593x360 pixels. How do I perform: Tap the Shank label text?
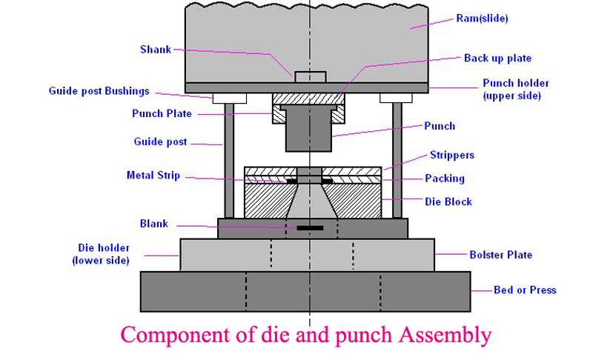coord(156,50)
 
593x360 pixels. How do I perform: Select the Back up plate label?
coord(497,58)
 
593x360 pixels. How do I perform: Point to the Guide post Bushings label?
coord(99,91)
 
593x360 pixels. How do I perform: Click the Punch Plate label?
coord(162,113)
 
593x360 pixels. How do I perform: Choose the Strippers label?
coord(451,156)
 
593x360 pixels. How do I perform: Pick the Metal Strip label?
coord(153,176)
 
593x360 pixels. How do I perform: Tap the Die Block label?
coord(448,201)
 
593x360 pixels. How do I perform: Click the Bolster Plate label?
coord(500,255)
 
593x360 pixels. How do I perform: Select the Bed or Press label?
coord(524,290)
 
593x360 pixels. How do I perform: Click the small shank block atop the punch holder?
coord(310,76)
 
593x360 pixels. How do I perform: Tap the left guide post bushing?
coord(230,98)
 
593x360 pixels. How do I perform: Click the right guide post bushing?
coord(396,98)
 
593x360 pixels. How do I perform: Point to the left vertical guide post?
coord(229,159)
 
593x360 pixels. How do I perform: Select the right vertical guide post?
coord(397,159)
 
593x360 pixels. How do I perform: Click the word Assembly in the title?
coord(443,335)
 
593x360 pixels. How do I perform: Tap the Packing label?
coord(445,179)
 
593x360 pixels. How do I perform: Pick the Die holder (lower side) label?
coord(104,253)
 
